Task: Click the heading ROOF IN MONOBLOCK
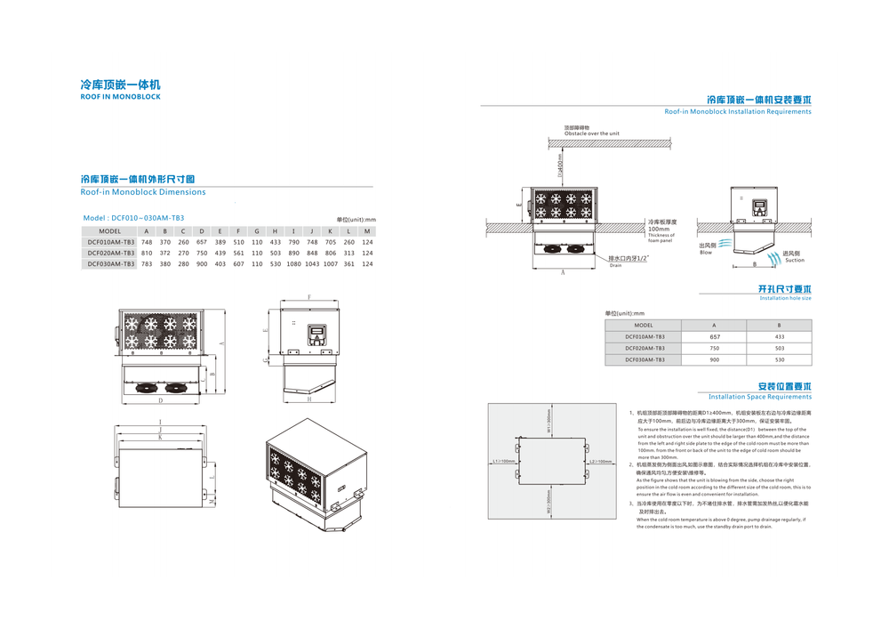click(120, 96)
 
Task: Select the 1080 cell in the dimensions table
click(293, 263)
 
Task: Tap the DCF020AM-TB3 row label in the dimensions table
click(110, 253)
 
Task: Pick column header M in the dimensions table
click(367, 230)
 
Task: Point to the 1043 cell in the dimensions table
click(312, 263)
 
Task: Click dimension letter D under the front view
click(160, 401)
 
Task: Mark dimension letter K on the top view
click(159, 438)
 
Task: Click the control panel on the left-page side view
click(317, 336)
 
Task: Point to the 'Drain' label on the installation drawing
click(615, 265)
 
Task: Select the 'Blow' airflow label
click(706, 253)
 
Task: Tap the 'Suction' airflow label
click(794, 261)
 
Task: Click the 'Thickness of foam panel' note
click(661, 238)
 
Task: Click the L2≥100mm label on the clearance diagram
click(602, 462)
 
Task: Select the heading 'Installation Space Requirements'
click(759, 397)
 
